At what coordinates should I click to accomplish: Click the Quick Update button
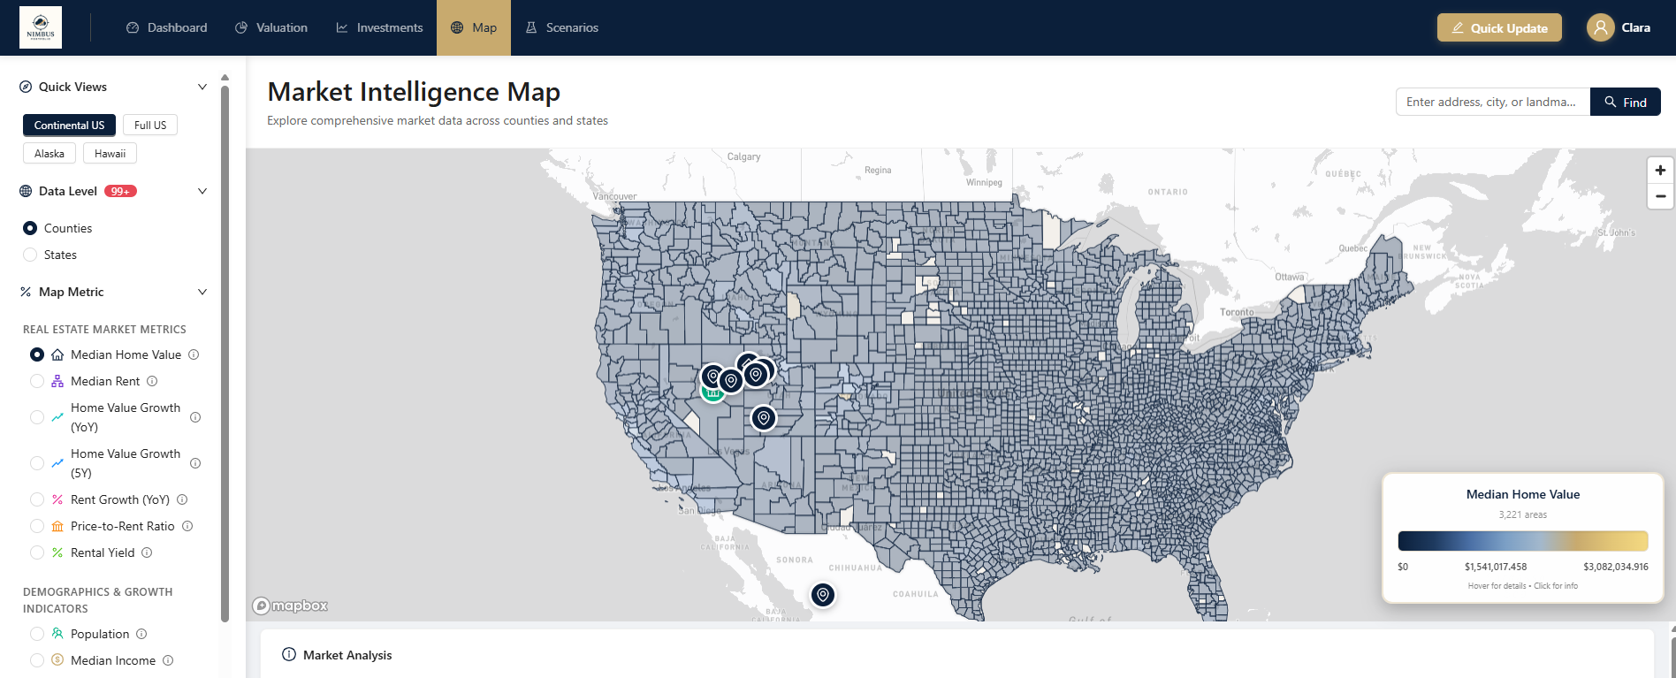point(1499,27)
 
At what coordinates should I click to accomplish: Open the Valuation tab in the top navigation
point(271,27)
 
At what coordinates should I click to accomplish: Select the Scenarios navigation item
point(562,27)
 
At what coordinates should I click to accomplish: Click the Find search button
point(1625,102)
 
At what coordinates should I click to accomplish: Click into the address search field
point(1492,102)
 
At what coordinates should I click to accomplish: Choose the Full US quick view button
point(150,126)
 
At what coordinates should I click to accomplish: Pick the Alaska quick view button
point(50,154)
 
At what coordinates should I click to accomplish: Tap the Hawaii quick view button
point(110,154)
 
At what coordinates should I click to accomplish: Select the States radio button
point(31,255)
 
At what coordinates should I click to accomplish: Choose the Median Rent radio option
point(37,381)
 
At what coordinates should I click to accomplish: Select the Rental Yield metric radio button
point(37,552)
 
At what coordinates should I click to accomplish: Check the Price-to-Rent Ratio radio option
point(37,526)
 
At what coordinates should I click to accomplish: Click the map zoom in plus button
point(1660,170)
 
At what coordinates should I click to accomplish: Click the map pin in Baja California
point(823,595)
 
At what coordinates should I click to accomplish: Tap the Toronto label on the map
point(1237,312)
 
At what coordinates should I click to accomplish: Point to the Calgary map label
point(743,156)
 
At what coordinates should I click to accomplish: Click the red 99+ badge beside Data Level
point(120,191)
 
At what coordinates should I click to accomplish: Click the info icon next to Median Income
point(168,660)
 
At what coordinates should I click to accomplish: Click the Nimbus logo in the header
point(41,27)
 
